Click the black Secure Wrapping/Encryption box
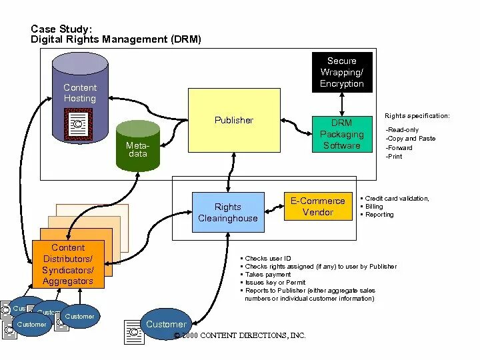[342, 72]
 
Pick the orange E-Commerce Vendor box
[318, 206]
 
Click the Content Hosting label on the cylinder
[80, 93]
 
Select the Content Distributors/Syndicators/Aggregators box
[68, 265]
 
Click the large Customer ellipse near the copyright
[166, 324]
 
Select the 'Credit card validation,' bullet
[397, 199]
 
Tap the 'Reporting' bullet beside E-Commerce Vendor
[379, 215]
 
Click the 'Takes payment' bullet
[268, 274]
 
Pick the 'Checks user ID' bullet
[268, 258]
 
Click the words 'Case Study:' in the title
[62, 29]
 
